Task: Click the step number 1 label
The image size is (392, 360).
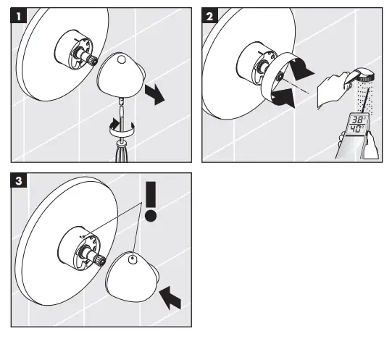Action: click(x=19, y=16)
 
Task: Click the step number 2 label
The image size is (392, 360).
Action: click(x=209, y=16)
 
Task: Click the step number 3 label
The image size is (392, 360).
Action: click(x=19, y=180)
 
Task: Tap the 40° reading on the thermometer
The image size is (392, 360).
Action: click(x=356, y=129)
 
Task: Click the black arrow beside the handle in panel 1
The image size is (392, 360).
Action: click(x=155, y=94)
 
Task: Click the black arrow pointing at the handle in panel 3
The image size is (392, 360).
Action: click(x=170, y=298)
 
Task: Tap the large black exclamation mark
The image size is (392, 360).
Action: click(x=151, y=201)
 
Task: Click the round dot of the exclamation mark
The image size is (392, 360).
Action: click(x=151, y=216)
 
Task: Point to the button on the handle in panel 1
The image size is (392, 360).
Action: click(x=121, y=59)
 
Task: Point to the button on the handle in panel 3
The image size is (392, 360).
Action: click(x=133, y=259)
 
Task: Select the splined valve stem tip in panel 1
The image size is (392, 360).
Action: click(x=93, y=60)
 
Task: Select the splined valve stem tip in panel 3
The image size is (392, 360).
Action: click(x=101, y=259)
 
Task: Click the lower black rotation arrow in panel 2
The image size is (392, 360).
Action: click(x=284, y=99)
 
